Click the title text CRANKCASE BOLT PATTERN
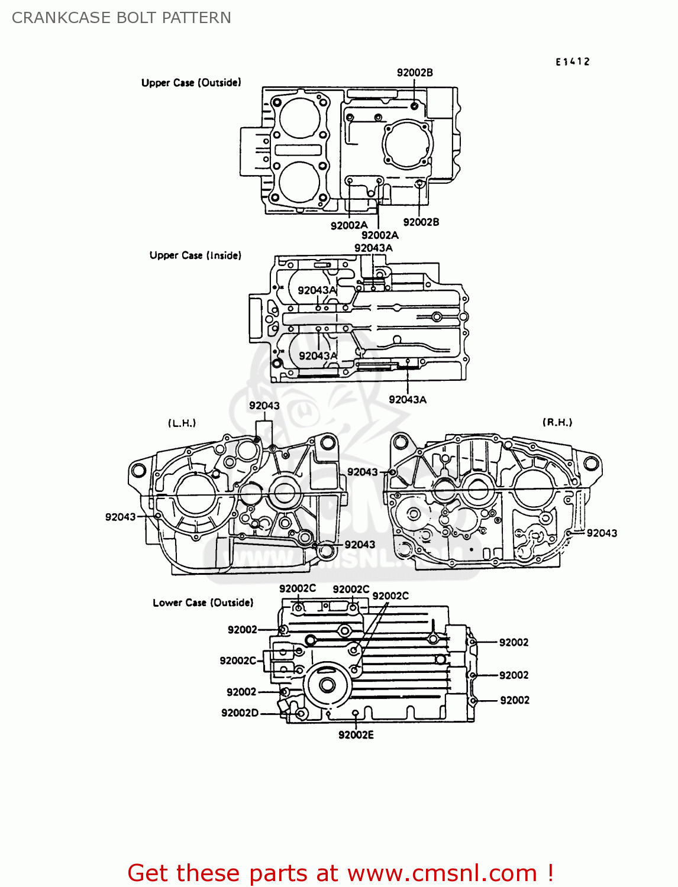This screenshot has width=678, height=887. [x=121, y=18]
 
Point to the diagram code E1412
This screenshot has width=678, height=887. [x=572, y=61]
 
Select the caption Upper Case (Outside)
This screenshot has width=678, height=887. [x=191, y=83]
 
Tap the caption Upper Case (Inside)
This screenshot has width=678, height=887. [x=195, y=255]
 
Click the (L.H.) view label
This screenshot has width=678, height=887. [x=182, y=423]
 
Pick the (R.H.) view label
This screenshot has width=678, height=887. [x=557, y=422]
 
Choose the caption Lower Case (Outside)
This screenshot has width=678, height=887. [x=203, y=603]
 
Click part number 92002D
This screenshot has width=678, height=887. [x=240, y=713]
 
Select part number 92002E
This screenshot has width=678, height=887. [x=356, y=735]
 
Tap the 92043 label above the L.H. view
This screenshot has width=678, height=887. [x=264, y=406]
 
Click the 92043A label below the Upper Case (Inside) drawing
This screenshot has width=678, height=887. [x=408, y=400]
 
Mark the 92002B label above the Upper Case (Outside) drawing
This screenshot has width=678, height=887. [x=415, y=73]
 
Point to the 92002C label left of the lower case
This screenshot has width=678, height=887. [x=238, y=661]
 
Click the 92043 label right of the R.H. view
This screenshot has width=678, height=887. [x=602, y=533]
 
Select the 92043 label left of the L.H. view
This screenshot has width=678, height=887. [x=121, y=517]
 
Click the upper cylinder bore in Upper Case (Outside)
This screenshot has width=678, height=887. [x=300, y=118]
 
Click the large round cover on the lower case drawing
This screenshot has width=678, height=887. [x=326, y=685]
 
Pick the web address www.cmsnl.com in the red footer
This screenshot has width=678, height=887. [x=442, y=873]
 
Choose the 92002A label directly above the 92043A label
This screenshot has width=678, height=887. [x=380, y=235]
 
